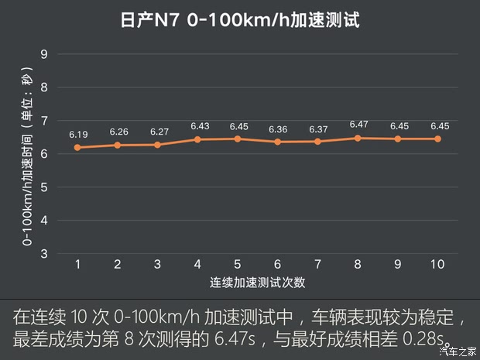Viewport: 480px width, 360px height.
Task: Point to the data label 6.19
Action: (78, 134)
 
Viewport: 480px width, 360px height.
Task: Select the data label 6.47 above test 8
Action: (358, 124)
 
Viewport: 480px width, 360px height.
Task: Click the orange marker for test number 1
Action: (78, 147)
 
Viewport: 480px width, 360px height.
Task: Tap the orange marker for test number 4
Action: (198, 139)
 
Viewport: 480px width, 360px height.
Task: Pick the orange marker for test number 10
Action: (437, 139)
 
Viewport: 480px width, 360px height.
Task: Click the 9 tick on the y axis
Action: (44, 54)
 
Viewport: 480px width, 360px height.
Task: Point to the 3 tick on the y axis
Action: (44, 253)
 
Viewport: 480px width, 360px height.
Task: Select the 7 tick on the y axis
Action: (44, 121)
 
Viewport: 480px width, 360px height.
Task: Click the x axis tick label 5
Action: (238, 265)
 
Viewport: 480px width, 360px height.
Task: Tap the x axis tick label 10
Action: (437, 265)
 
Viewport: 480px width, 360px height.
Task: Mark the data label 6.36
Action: (278, 129)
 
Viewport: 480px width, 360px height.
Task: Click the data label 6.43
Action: (198, 126)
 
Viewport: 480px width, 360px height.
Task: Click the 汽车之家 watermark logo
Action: (457, 351)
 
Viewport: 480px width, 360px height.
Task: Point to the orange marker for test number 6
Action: (278, 142)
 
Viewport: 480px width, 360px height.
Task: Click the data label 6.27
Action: (158, 132)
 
